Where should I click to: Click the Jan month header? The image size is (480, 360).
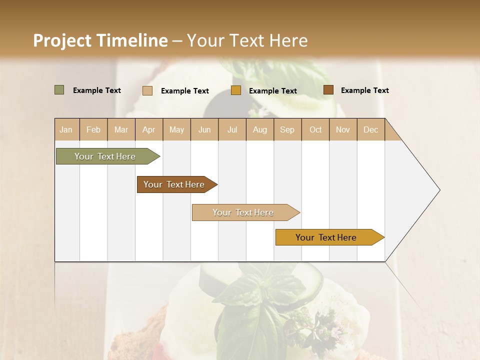pos(66,130)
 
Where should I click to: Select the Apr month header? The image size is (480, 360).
pos(148,130)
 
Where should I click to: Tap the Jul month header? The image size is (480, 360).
pos(232,130)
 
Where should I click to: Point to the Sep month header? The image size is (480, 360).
pos(287,130)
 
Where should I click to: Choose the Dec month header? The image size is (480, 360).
pos(370,130)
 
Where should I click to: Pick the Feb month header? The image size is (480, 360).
pos(93,130)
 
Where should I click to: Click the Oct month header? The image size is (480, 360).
pos(315,130)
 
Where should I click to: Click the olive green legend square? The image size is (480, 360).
pos(59,90)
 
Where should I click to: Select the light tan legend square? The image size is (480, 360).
pos(147,90)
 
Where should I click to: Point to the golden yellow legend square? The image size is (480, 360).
pos(236,90)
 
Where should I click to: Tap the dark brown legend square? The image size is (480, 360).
pos(328,90)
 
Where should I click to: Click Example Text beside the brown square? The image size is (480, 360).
pos(364,90)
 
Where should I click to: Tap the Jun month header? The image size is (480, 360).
pos(204,130)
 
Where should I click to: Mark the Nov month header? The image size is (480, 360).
pos(342,130)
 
